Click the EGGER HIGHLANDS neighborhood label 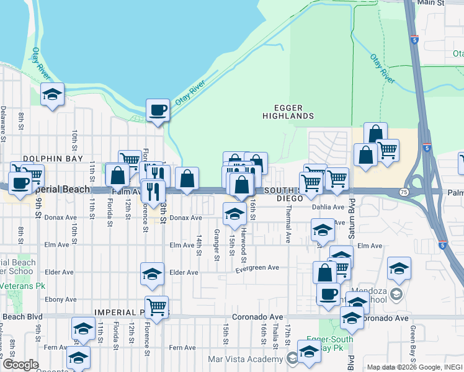(288, 112)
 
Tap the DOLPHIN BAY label (53, 159)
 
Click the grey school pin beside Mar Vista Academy (292, 358)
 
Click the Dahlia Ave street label (328, 207)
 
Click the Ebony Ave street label (59, 299)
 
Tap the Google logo (20, 365)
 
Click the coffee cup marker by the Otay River (158, 110)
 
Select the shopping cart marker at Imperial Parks (157, 306)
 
